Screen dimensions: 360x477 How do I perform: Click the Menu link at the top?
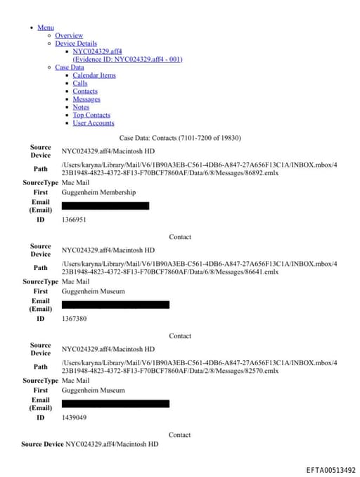(x=46, y=27)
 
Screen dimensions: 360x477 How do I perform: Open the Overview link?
(x=69, y=35)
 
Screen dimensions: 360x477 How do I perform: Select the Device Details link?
(x=76, y=44)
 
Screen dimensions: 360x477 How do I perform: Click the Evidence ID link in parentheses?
(x=127, y=59)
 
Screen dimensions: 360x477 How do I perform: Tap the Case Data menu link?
(x=69, y=68)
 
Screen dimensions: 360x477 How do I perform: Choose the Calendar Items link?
(x=94, y=75)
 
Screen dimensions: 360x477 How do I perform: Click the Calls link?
(x=80, y=83)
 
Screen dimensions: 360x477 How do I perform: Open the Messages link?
(x=86, y=99)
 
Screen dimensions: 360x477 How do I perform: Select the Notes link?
(x=81, y=107)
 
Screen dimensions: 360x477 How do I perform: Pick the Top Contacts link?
(x=91, y=115)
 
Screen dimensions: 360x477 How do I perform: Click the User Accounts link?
(x=94, y=123)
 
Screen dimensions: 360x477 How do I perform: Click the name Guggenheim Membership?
(x=99, y=192)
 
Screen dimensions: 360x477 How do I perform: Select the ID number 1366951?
(x=74, y=220)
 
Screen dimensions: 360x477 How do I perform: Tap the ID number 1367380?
(x=74, y=319)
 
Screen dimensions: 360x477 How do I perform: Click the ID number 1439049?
(x=74, y=417)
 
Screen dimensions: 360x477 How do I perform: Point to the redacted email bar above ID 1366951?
(x=105, y=205)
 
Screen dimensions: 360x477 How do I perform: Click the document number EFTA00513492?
(x=330, y=470)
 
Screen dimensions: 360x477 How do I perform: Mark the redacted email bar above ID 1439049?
(x=115, y=404)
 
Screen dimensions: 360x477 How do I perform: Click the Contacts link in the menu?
(x=85, y=91)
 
